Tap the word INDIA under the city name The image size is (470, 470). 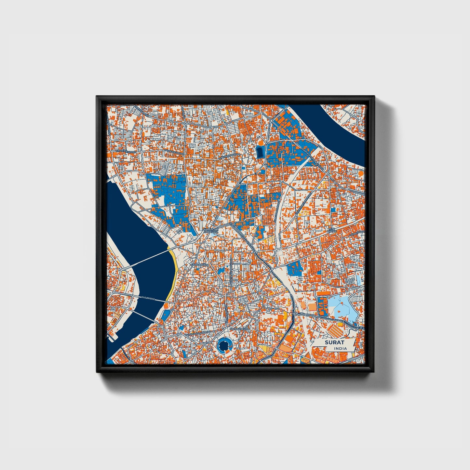click(340, 348)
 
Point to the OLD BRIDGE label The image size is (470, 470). click(148, 298)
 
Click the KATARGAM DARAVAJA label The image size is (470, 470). click(210, 231)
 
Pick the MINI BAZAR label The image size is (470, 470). click(331, 230)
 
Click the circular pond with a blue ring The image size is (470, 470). click(224, 345)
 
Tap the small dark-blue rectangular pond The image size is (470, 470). click(260, 152)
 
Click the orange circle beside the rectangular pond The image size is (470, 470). click(261, 142)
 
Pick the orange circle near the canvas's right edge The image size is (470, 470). click(360, 174)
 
